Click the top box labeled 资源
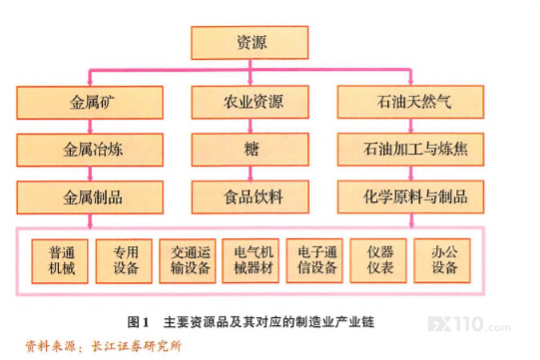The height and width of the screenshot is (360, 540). pyautogui.click(x=250, y=43)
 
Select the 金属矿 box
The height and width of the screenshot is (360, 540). pyautogui.click(x=90, y=103)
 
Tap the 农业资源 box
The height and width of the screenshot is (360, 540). pyautogui.click(x=250, y=102)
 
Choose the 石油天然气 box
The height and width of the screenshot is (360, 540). pyautogui.click(x=410, y=102)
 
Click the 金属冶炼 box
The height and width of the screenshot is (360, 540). pyautogui.click(x=90, y=150)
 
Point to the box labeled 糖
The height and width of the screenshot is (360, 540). pyautogui.click(x=250, y=150)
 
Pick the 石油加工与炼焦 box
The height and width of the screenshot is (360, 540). pyautogui.click(x=410, y=150)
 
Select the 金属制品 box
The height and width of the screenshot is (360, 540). pyautogui.click(x=90, y=197)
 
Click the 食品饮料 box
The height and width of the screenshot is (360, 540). pyautogui.click(x=250, y=196)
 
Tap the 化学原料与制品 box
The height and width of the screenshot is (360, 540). pyautogui.click(x=410, y=196)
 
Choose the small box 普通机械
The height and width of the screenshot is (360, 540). pyautogui.click(x=60, y=261)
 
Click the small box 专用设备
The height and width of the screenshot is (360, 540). pyautogui.click(x=124, y=261)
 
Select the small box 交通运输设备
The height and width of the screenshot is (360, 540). pyautogui.click(x=188, y=261)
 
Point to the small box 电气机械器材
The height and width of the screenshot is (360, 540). pyautogui.click(x=251, y=261)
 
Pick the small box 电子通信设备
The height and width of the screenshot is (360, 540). pyautogui.click(x=314, y=261)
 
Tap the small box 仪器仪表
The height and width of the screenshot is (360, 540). pyautogui.click(x=378, y=261)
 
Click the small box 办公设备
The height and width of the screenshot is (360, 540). pyautogui.click(x=442, y=261)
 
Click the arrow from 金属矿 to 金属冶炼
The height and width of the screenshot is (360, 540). pyautogui.click(x=90, y=127)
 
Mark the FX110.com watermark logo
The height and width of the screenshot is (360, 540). pyautogui.click(x=469, y=324)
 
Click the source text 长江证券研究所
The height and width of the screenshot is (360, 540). pyautogui.click(x=137, y=346)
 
